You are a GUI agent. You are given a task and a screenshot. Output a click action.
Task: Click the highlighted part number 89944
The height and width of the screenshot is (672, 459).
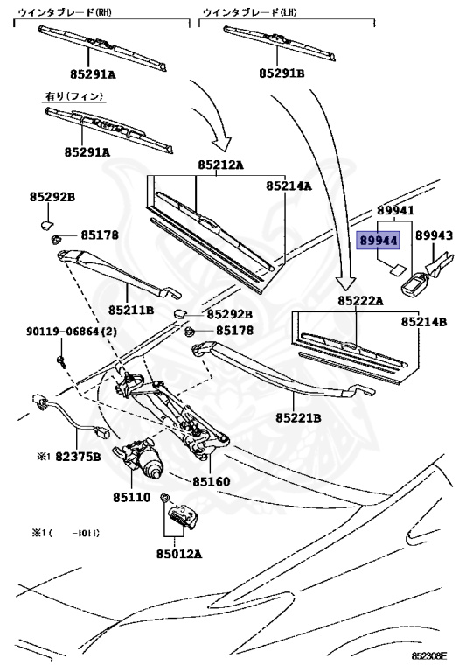coord(377,237)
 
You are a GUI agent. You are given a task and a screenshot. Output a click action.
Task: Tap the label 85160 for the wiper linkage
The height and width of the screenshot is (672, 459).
coord(212,481)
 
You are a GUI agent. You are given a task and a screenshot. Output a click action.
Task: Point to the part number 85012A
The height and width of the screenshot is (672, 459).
coord(179,553)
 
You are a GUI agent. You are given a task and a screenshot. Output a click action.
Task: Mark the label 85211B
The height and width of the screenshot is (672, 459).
coord(131,310)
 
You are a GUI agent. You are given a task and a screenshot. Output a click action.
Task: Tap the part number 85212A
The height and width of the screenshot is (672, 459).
coord(220,164)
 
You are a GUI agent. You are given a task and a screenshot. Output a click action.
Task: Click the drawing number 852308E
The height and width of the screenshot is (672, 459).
coord(429,654)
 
